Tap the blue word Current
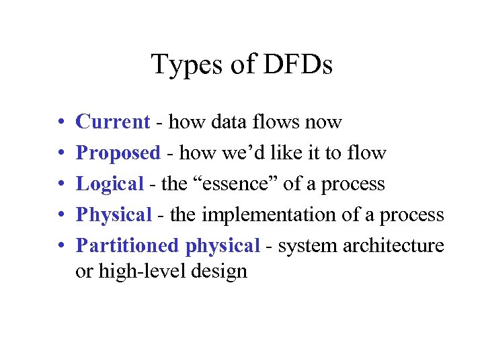click(112, 122)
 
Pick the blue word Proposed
click(118, 154)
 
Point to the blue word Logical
click(110, 184)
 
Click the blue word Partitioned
click(128, 246)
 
